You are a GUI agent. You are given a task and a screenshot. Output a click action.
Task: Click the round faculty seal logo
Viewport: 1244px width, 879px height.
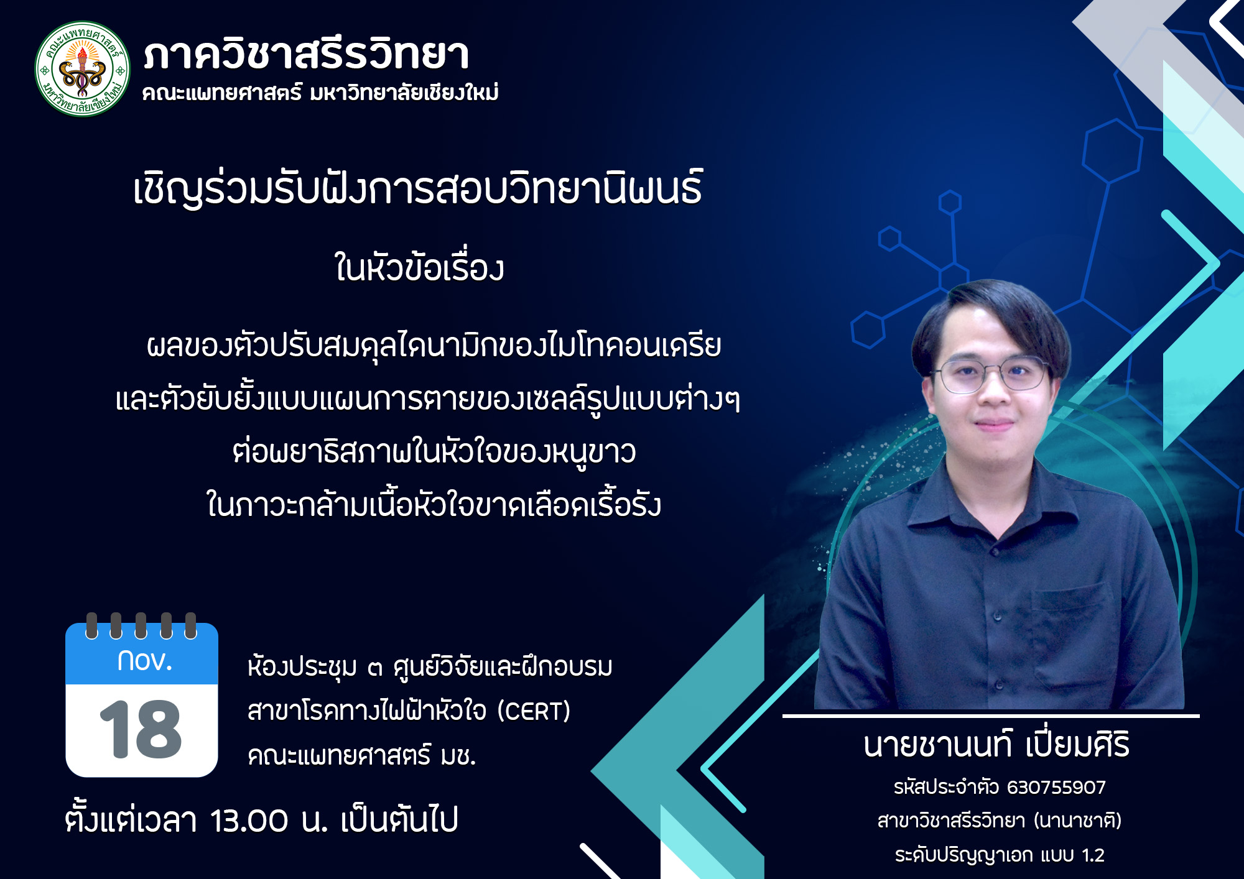[x=83, y=69]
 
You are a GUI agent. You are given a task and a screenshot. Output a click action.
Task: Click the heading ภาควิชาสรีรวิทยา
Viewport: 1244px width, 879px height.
[x=306, y=55]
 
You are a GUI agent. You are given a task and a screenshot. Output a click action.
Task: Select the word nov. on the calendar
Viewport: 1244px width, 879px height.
[x=144, y=661]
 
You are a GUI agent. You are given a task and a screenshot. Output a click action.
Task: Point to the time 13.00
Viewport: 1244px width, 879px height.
[x=249, y=821]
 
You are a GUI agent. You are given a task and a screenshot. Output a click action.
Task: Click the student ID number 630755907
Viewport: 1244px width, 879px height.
[x=1056, y=788]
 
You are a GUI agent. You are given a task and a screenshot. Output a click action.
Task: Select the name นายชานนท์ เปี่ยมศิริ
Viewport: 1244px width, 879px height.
[x=996, y=745]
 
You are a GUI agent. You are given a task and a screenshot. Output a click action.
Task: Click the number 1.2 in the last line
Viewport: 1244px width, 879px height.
[x=1093, y=855]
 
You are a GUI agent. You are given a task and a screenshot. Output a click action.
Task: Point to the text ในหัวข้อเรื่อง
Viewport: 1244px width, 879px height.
[x=419, y=269]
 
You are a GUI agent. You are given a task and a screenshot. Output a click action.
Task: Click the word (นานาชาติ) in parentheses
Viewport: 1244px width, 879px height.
[x=1077, y=821]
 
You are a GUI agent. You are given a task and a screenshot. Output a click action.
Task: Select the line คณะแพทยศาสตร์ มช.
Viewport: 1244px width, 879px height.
[x=362, y=757]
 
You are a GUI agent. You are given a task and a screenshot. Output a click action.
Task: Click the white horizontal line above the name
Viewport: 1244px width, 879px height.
[x=990, y=716]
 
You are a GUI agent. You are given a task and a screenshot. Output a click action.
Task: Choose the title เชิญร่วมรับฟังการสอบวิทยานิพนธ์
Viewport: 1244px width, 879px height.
[x=417, y=188]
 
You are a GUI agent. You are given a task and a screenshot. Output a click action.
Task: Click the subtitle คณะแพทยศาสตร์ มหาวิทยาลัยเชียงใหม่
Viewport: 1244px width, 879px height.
[x=320, y=93]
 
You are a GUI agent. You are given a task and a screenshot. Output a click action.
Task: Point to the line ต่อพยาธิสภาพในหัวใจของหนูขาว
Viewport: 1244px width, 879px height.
[x=434, y=452]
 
